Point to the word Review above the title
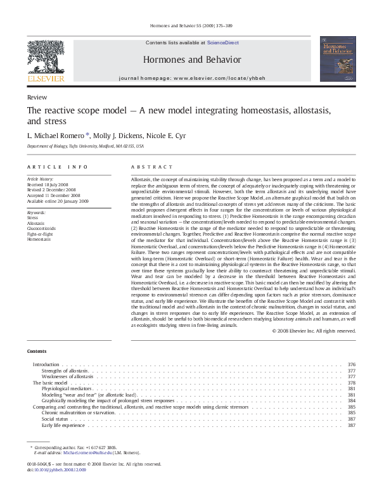(36, 98)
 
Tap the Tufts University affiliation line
(85, 146)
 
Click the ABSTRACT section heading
(151, 167)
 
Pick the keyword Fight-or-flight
(40, 234)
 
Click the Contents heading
(37, 351)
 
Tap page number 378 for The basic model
(352, 383)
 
